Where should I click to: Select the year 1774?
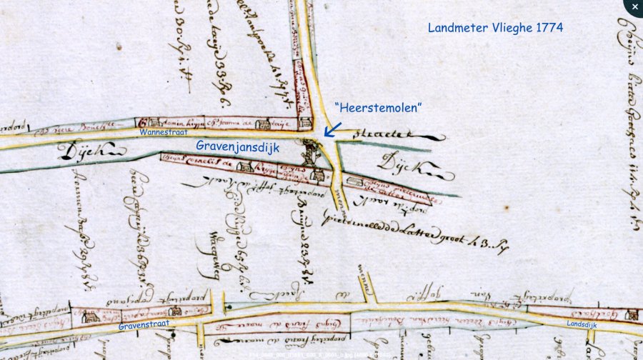(x=549, y=29)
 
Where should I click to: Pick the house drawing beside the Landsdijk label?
(x=631, y=314)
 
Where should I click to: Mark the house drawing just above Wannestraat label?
(x=145, y=123)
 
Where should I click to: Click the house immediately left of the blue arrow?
(x=304, y=122)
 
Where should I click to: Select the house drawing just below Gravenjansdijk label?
(x=244, y=167)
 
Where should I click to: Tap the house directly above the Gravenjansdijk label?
(x=263, y=124)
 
